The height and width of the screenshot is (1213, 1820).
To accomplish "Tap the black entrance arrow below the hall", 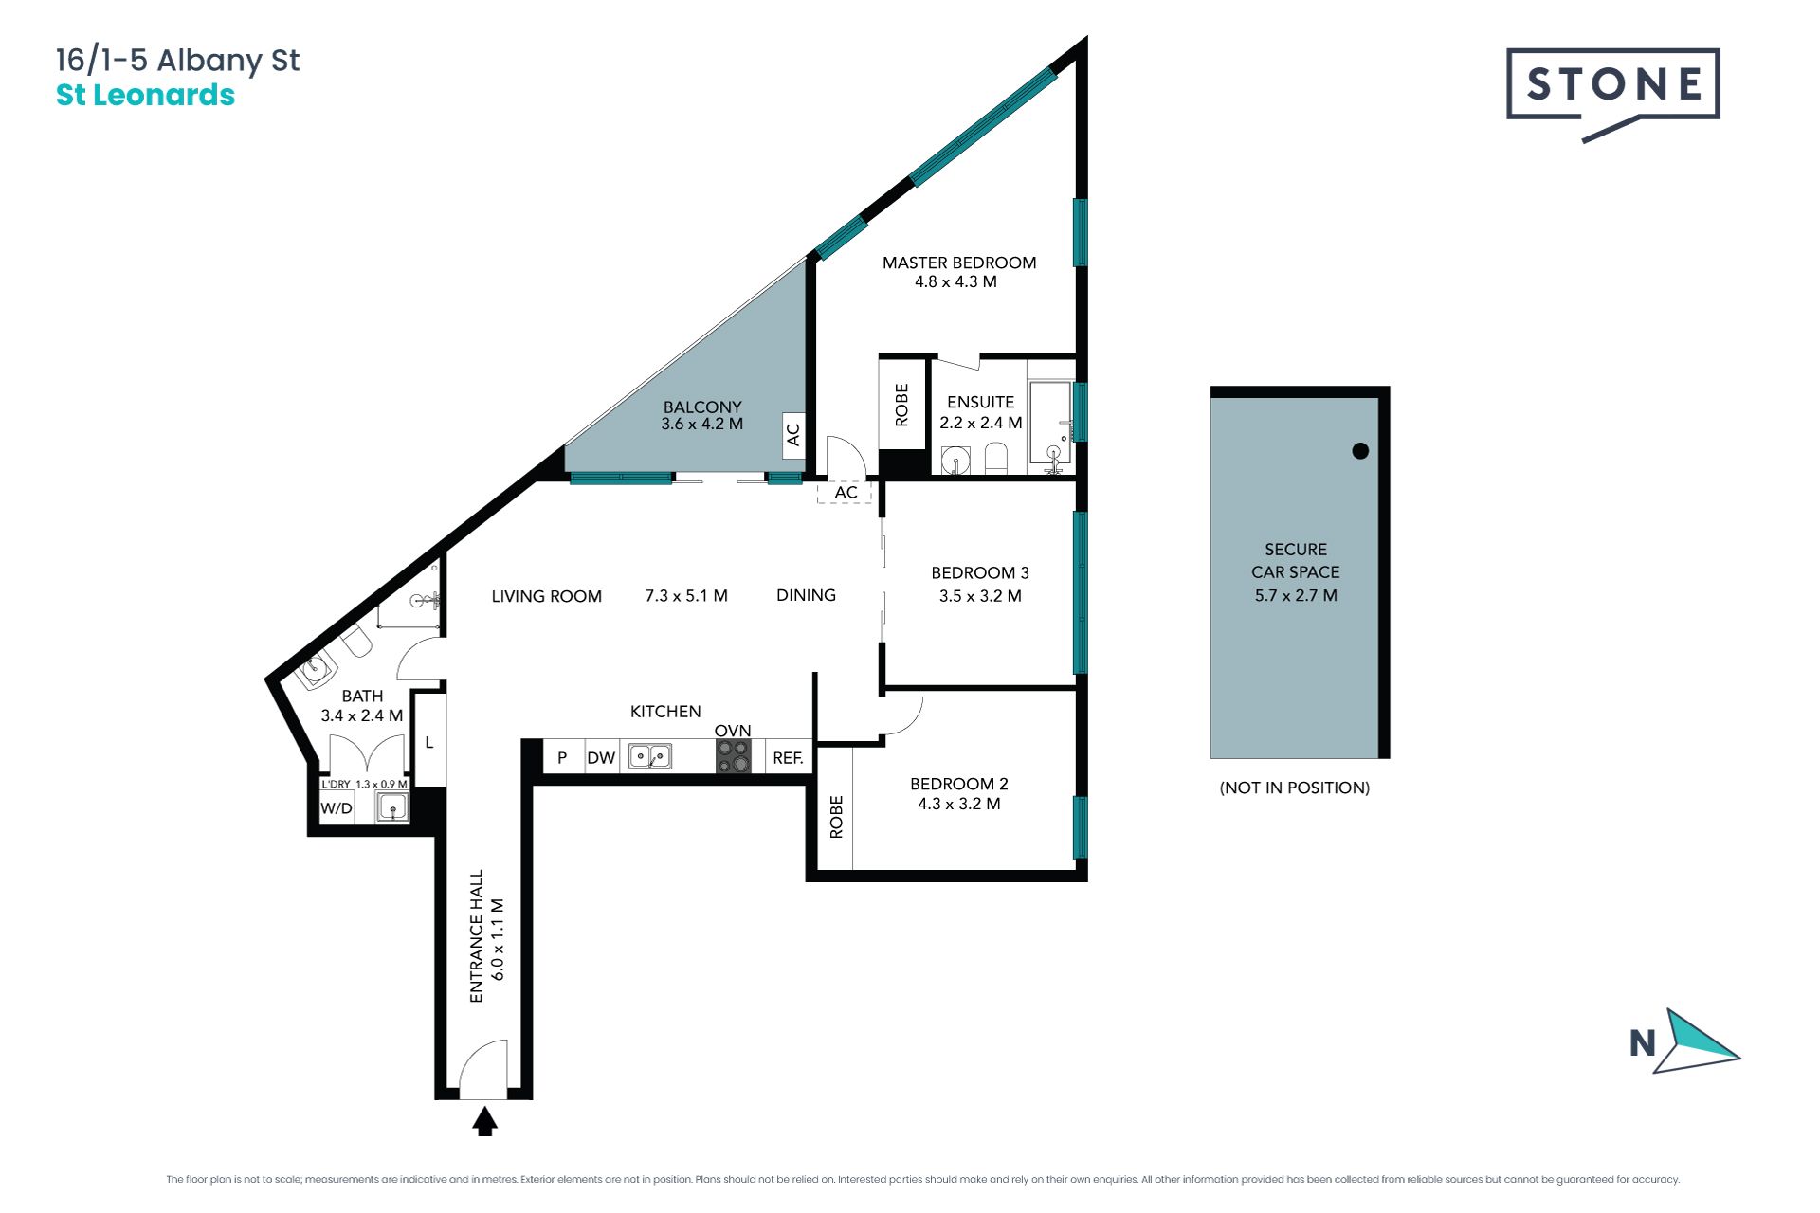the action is click(484, 1121).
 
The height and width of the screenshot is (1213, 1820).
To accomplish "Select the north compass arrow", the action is click(1697, 1041).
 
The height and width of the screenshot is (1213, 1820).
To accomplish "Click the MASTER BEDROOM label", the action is click(959, 263).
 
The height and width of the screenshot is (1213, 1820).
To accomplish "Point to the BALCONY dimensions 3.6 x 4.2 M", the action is click(702, 424).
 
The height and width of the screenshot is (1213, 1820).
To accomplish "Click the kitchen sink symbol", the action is click(650, 756).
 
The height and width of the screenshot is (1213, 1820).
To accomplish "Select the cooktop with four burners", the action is click(733, 756).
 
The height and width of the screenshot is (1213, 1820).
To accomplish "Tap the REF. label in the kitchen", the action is click(788, 758).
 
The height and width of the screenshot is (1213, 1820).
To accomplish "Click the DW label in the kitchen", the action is click(601, 758).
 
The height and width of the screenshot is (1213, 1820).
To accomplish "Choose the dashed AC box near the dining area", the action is click(845, 492).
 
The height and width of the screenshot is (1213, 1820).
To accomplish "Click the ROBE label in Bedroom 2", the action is click(836, 817).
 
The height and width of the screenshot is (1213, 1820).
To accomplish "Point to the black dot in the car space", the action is click(1360, 451).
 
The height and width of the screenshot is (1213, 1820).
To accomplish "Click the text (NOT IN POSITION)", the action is click(1295, 788).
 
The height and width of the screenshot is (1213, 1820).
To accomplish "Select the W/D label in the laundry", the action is click(337, 808).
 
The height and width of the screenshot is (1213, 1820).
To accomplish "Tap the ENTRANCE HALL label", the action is click(477, 936).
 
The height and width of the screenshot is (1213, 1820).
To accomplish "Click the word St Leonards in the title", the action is click(145, 95).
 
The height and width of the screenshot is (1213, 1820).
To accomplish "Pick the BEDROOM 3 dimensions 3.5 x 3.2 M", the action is click(980, 596).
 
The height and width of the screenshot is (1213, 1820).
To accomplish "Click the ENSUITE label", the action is click(980, 402).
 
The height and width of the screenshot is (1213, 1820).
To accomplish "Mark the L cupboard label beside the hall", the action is click(429, 742).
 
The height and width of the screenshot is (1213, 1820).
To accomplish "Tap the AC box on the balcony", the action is click(793, 434).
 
